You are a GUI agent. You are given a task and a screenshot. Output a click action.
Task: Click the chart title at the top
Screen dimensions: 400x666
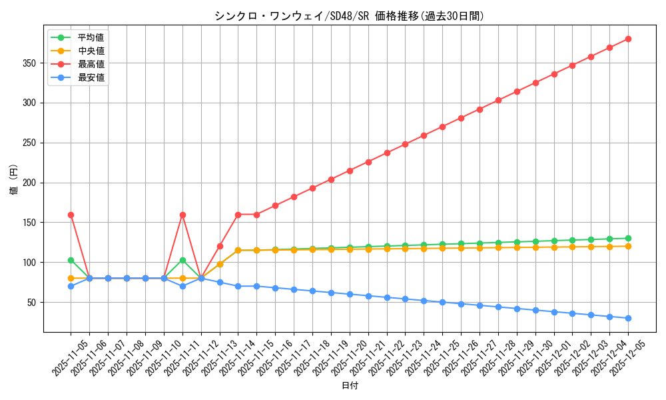tap(349, 16)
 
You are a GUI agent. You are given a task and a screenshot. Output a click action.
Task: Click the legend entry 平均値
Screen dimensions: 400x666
tap(91, 37)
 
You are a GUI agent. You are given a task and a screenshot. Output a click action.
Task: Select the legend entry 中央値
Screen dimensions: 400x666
tap(91, 51)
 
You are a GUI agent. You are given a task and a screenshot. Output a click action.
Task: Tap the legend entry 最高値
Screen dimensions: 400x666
tap(91, 64)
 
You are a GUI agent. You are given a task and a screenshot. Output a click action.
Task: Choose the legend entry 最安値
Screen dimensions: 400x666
tap(91, 77)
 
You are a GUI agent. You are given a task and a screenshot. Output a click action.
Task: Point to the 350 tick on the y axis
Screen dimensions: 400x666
tap(31, 63)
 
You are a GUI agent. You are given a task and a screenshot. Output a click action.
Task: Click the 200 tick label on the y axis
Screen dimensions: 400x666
tap(31, 183)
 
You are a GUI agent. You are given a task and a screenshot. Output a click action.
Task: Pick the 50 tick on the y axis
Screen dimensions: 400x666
tap(33, 302)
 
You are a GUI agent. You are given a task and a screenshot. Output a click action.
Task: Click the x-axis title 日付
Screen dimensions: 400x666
tap(349, 386)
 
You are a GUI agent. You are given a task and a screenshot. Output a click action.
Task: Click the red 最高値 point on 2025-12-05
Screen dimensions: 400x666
tap(628, 39)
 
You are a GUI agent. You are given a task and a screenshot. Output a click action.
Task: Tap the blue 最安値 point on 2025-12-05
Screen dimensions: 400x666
tap(628, 318)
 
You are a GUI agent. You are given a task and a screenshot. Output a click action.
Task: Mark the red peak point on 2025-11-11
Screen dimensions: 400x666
tap(182, 215)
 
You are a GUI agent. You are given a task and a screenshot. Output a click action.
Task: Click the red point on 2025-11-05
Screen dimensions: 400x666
tap(71, 215)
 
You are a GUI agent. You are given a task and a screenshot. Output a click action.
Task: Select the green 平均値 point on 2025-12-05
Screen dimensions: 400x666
tap(628, 238)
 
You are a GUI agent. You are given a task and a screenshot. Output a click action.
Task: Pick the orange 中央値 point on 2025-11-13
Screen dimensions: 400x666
tap(220, 264)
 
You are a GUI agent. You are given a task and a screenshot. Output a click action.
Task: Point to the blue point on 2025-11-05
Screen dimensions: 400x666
tap(71, 286)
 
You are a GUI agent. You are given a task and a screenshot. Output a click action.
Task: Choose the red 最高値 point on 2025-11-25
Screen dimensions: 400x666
tap(442, 127)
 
